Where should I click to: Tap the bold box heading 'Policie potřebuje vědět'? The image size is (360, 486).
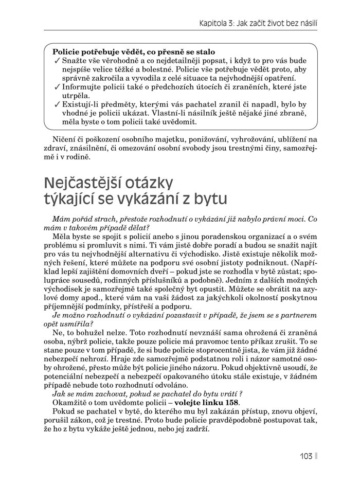[x=133, y=52]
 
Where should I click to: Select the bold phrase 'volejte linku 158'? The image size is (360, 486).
[x=207, y=402]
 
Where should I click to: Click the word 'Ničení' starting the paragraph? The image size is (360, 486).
[x=64, y=139]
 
